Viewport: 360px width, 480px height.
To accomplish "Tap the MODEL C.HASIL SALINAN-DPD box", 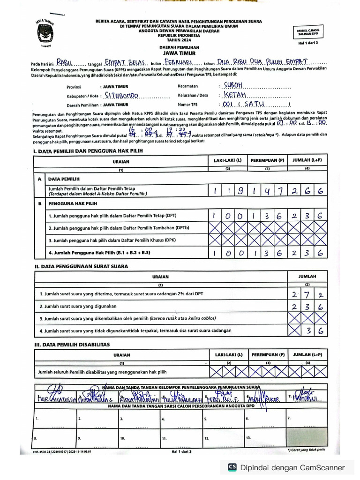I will coord(307,32).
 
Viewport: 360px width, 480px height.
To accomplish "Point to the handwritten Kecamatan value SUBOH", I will coord(233,85).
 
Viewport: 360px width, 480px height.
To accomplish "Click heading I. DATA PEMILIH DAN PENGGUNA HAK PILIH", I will coord(88,150).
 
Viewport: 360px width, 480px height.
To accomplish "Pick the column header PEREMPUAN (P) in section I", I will coord(267,160).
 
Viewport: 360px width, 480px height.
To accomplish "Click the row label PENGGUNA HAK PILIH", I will coord(73,204).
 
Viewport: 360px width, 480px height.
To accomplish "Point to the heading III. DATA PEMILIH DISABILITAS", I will coord(71,344).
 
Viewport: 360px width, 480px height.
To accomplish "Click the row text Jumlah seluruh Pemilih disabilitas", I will coord(102,372).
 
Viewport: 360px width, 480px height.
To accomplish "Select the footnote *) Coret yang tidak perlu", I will coord(307,450).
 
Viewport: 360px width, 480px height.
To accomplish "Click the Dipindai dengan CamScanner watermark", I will coord(287,467).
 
